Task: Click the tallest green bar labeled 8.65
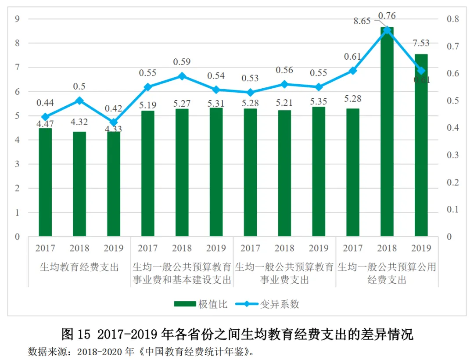[x=387, y=132]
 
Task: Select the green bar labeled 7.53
[x=421, y=145]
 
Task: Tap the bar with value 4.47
[x=45, y=182]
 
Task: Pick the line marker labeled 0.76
[x=387, y=30]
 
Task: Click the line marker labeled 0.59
[x=182, y=76]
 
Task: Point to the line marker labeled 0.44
[x=45, y=117]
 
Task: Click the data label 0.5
[x=79, y=86]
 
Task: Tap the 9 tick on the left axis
[x=18, y=19]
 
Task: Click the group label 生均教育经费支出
[x=79, y=267]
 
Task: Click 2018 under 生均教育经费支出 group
[x=79, y=248]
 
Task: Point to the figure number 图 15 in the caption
[x=75, y=335]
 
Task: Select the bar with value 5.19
[x=147, y=173]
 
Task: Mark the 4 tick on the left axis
[x=18, y=140]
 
